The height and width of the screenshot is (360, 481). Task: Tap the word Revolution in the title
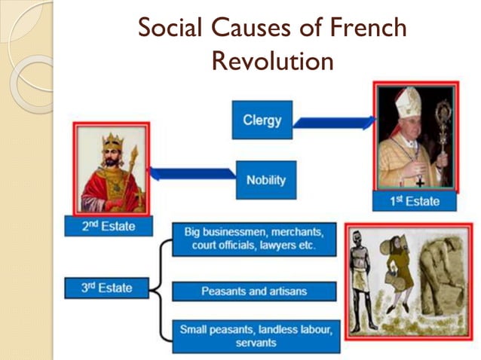[x=272, y=60]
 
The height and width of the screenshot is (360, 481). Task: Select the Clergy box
[x=262, y=120]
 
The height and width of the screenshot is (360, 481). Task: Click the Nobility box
[x=265, y=181]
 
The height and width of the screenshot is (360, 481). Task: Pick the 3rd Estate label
[x=107, y=287]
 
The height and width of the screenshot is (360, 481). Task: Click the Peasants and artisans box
[x=253, y=291]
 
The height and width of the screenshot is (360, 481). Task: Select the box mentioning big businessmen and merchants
[x=253, y=238]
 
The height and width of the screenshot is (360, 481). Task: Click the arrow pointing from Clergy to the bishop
[x=332, y=121]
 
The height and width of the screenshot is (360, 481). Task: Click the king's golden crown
[x=112, y=140]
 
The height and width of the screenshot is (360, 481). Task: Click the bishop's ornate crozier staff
[x=443, y=128]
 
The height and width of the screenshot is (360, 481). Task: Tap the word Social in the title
[x=173, y=28]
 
